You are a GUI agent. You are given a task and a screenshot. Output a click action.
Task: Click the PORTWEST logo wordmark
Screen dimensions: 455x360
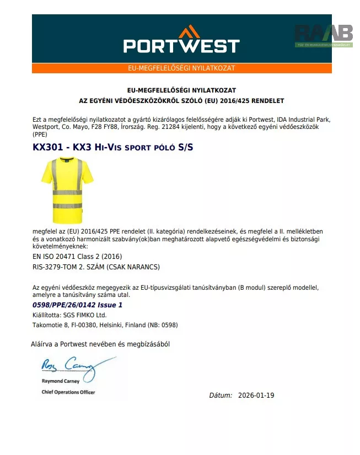click(x=181, y=45)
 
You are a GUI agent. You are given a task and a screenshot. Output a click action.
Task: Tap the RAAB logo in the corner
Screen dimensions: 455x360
click(x=324, y=34)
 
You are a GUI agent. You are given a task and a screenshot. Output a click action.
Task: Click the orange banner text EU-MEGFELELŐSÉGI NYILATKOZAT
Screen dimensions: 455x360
click(x=181, y=68)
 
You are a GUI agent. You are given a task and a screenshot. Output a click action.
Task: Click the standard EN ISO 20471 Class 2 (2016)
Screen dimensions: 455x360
click(x=78, y=257)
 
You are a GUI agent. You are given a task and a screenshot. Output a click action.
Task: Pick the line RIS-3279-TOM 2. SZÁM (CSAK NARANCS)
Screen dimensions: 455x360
click(x=96, y=267)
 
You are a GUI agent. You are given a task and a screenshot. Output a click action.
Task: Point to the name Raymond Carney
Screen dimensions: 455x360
click(x=61, y=381)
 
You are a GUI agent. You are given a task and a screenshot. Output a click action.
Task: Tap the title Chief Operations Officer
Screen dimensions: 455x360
click(x=68, y=392)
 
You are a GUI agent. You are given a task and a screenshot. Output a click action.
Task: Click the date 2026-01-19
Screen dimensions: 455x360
click(x=256, y=396)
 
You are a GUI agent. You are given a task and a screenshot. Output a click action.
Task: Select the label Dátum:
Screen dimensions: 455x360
click(x=221, y=396)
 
